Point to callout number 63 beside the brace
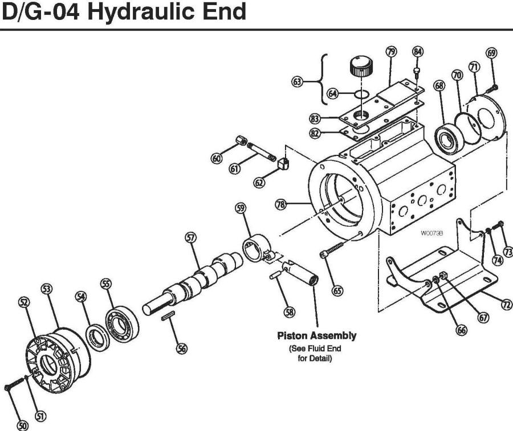[297, 82]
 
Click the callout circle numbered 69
[491, 53]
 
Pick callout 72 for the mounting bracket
[505, 305]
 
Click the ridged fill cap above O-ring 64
[360, 67]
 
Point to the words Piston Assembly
[316, 335]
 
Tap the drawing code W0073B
[432, 233]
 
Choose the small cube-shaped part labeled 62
[283, 166]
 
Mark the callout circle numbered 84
[418, 52]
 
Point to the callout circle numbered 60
[216, 159]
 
